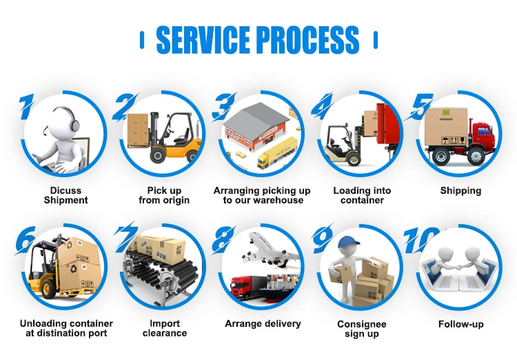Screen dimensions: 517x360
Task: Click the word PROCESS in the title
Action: [307, 40]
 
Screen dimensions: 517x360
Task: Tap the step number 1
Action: [26, 107]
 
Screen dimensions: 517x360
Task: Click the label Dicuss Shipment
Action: [66, 195]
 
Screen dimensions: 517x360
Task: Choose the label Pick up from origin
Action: [164, 195]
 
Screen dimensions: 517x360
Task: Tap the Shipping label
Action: [460, 191]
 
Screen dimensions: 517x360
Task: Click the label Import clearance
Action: [165, 328]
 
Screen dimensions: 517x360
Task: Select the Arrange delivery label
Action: [263, 324]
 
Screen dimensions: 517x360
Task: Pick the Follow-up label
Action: [460, 324]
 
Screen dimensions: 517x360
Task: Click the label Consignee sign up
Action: [362, 329]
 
